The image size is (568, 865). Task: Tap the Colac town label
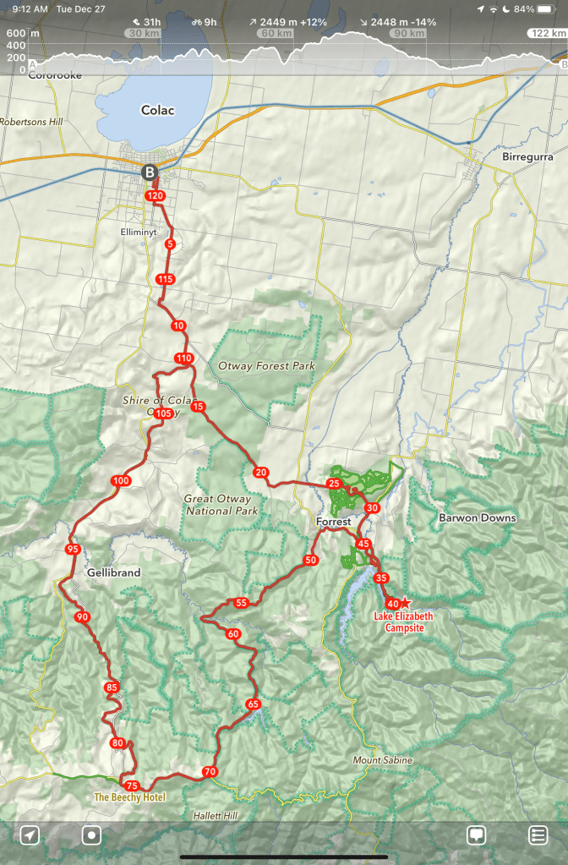(157, 111)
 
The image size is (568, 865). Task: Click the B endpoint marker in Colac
(150, 172)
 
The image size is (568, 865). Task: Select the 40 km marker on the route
(391, 604)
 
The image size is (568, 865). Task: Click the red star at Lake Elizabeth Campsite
(405, 602)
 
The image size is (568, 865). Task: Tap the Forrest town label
(333, 523)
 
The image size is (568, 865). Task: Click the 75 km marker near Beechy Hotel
(131, 786)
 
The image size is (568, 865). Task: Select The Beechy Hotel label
(129, 797)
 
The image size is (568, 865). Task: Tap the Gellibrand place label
(113, 572)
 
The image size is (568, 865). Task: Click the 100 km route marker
(121, 481)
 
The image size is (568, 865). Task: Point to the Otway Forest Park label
(266, 366)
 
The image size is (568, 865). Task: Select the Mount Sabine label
(383, 760)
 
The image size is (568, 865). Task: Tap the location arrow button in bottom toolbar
(30, 835)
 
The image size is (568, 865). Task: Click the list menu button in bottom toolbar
(538, 835)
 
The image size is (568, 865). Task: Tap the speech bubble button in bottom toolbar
(477, 835)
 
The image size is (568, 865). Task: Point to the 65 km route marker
(252, 704)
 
